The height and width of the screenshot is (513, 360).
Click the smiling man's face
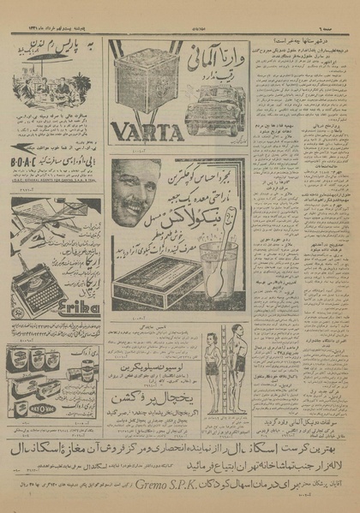pos(138,194)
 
